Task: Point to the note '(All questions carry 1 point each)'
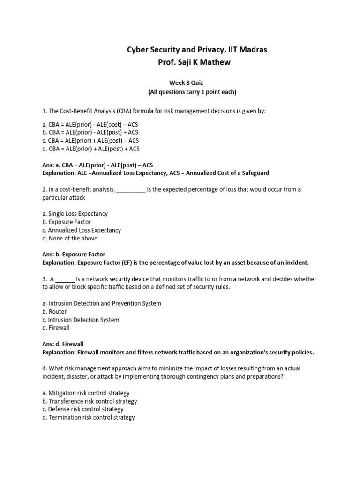(x=192, y=92)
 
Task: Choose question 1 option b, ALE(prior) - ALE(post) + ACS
(x=90, y=132)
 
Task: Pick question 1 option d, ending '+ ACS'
(x=90, y=149)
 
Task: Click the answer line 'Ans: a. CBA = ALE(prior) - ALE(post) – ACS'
(x=97, y=165)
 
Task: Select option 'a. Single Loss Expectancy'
(x=75, y=214)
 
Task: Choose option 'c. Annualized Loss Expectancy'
(x=82, y=230)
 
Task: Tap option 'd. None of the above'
(x=70, y=238)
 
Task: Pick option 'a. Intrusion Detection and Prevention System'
(x=102, y=303)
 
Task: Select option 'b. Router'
(x=54, y=312)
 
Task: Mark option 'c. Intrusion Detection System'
(x=81, y=320)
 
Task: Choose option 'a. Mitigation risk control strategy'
(x=86, y=393)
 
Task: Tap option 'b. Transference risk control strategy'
(x=90, y=401)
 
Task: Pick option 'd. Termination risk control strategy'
(x=89, y=417)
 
